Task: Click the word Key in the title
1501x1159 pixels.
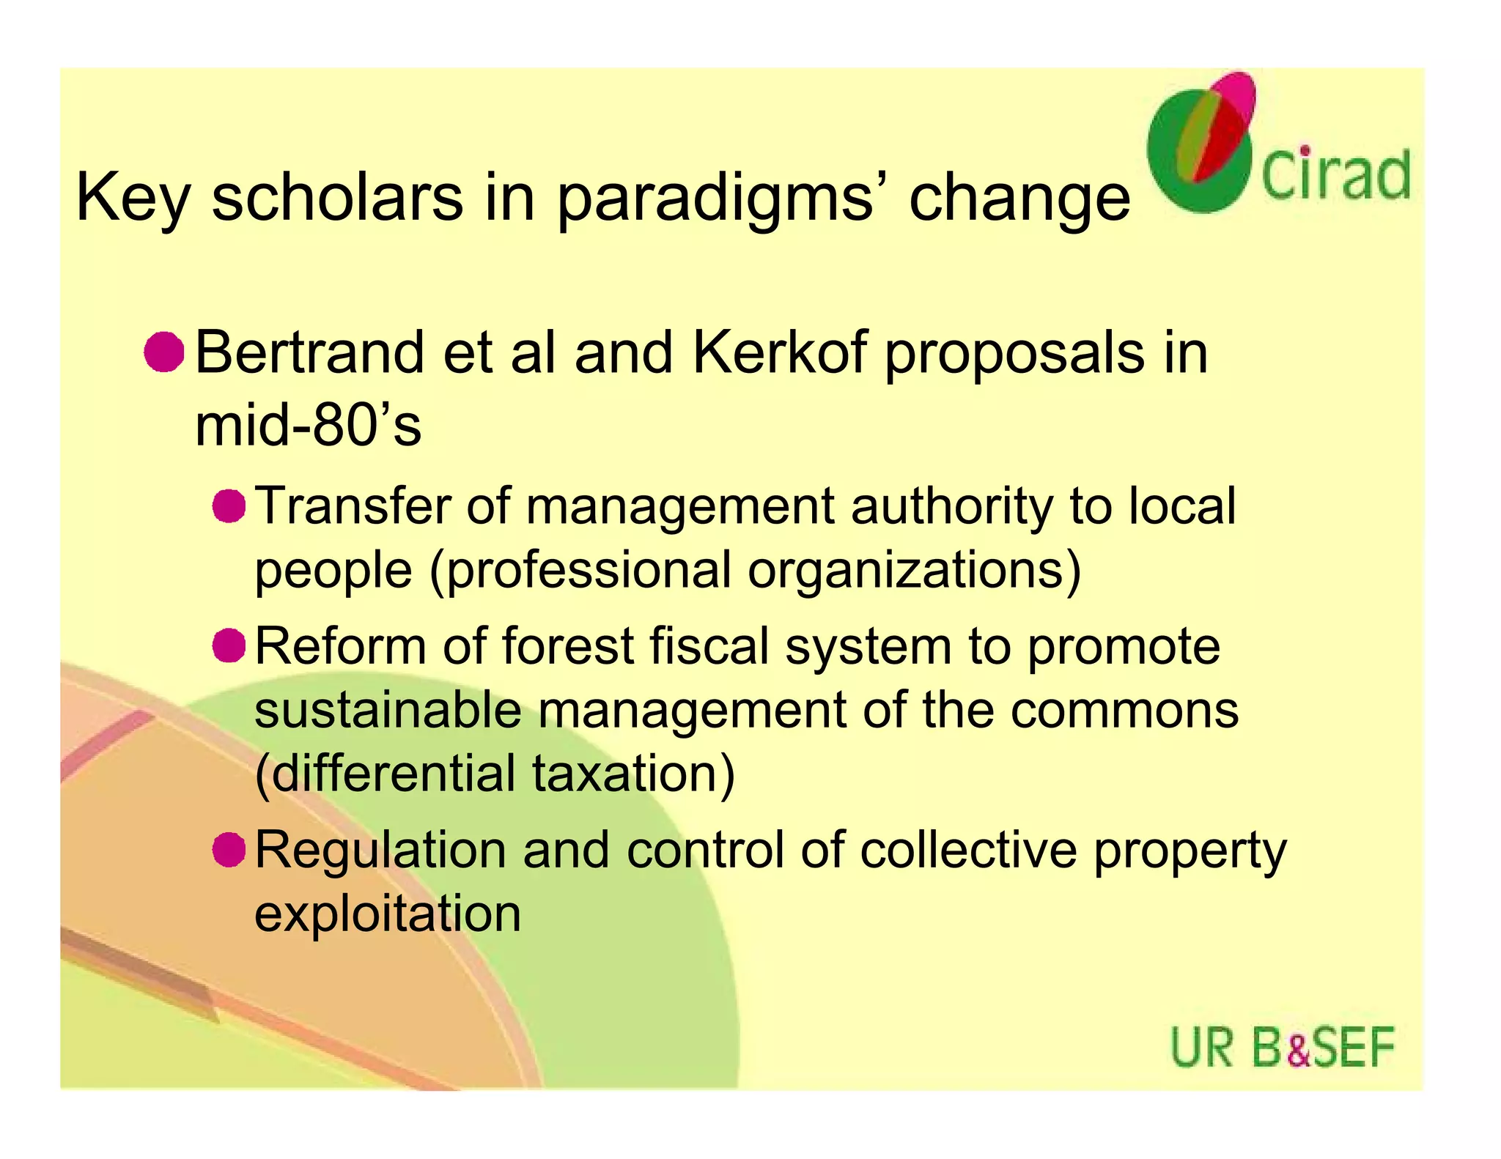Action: pos(133,198)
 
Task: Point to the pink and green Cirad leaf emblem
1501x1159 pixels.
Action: pos(1202,143)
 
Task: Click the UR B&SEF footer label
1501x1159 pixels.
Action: pos(1282,1048)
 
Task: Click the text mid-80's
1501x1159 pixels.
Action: pos(308,426)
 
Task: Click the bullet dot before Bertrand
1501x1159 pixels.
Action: pos(163,352)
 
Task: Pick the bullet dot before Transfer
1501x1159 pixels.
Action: pos(229,506)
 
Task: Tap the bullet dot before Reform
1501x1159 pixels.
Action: pos(229,645)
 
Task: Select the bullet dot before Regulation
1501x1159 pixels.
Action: pos(229,850)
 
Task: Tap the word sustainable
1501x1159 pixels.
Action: pos(388,710)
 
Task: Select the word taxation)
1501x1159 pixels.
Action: pos(633,774)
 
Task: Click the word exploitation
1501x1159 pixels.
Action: pos(388,914)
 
